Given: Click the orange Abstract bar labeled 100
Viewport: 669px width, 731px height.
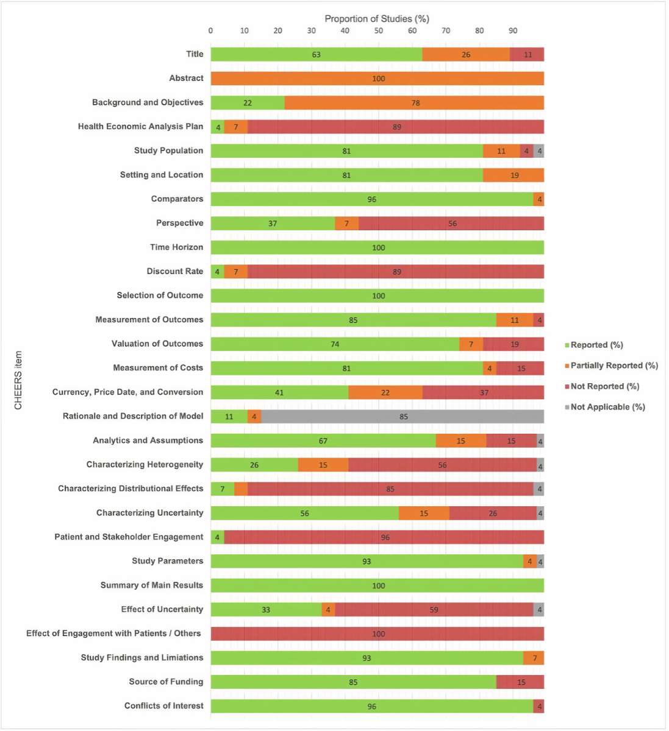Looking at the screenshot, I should (x=377, y=79).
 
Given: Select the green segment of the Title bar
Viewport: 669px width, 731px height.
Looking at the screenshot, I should (x=316, y=54).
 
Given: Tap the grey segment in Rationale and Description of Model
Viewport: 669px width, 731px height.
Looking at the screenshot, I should (x=402, y=417).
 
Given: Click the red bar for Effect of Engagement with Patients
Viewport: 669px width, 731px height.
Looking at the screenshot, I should (x=377, y=634).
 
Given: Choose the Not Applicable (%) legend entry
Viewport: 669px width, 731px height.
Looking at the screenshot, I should (x=607, y=407).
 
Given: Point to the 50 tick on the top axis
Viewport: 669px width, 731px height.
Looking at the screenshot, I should (x=379, y=30).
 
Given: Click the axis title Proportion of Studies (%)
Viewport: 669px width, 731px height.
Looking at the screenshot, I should (x=377, y=19).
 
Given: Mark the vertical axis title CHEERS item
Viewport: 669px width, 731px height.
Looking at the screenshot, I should (x=18, y=380).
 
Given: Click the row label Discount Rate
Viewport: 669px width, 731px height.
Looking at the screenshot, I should (x=174, y=271).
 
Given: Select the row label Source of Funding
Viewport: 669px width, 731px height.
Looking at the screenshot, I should (x=166, y=682).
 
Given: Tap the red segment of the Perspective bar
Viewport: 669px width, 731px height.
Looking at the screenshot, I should (x=451, y=224).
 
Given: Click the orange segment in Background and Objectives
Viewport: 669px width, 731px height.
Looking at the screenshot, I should (x=414, y=103).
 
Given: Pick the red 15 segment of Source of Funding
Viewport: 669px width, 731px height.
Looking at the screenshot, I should (x=520, y=682).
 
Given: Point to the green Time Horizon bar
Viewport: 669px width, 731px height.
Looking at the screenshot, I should (x=377, y=247).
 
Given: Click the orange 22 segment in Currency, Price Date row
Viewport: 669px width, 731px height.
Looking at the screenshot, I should (x=385, y=392).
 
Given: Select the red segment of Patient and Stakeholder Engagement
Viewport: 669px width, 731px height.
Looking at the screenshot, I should (x=384, y=537).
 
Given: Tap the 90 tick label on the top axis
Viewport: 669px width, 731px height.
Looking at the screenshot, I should (x=513, y=30).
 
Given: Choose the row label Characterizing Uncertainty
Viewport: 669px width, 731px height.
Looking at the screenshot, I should (x=149, y=513).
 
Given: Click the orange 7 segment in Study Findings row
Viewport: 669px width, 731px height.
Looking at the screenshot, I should (x=534, y=658).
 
